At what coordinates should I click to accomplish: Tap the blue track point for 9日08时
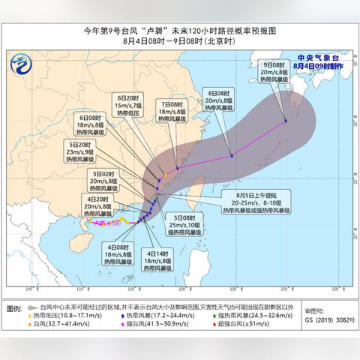click(285, 121)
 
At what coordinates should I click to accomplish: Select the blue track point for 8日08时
click(232, 155)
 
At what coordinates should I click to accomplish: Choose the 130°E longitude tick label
click(285, 288)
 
